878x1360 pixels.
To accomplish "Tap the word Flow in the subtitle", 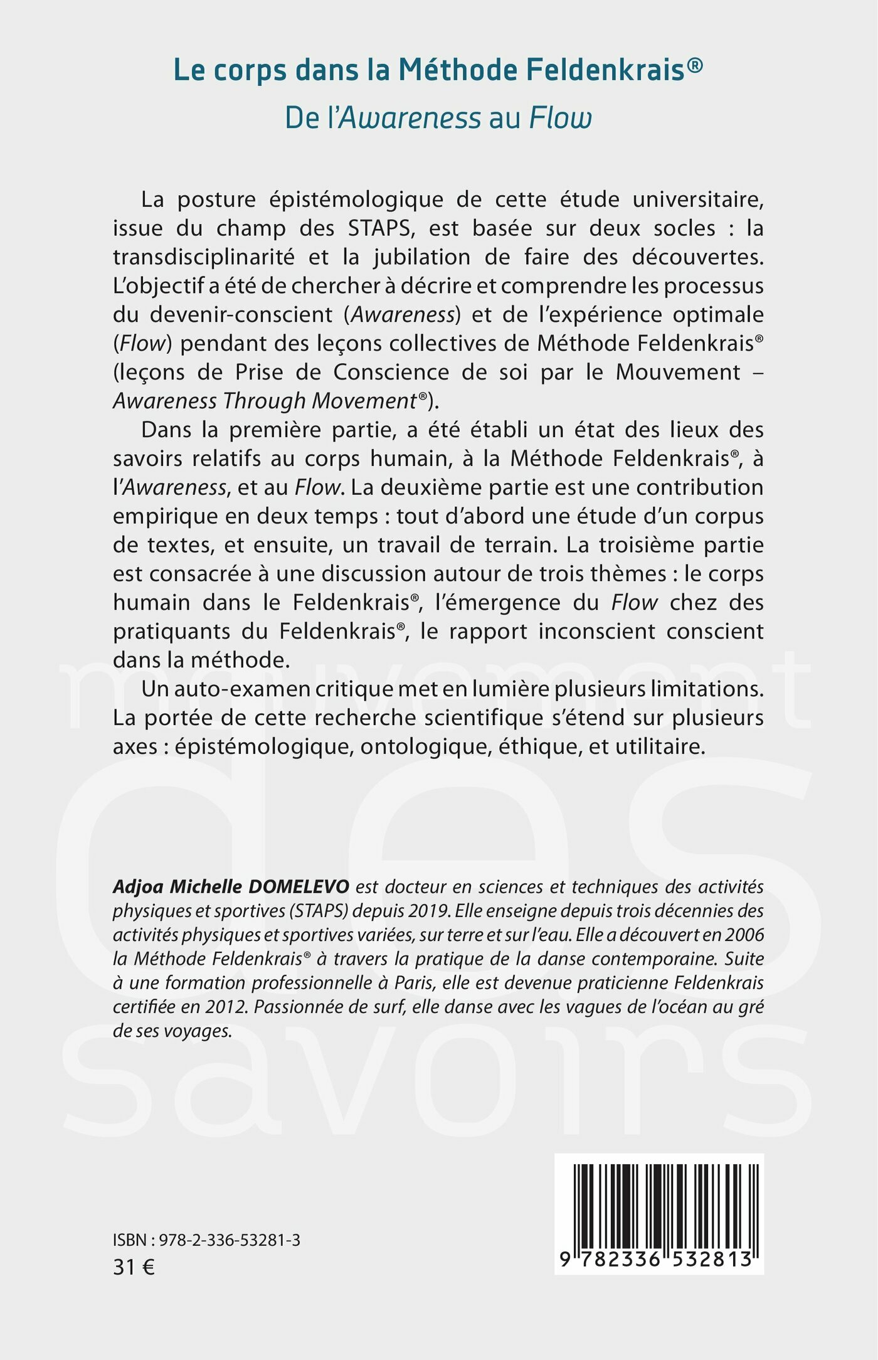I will pyautogui.click(x=561, y=118).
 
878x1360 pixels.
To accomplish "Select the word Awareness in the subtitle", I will pyautogui.click(x=410, y=118).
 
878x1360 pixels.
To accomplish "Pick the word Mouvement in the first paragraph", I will pyautogui.click(x=678, y=372).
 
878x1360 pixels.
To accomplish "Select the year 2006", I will pyautogui.click(x=744, y=935).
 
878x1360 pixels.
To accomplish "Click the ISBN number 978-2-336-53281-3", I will pyautogui.click(x=230, y=1240).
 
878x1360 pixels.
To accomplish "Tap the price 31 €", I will pyautogui.click(x=134, y=1267).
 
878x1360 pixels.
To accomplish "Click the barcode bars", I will pyautogui.click(x=665, y=1205).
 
